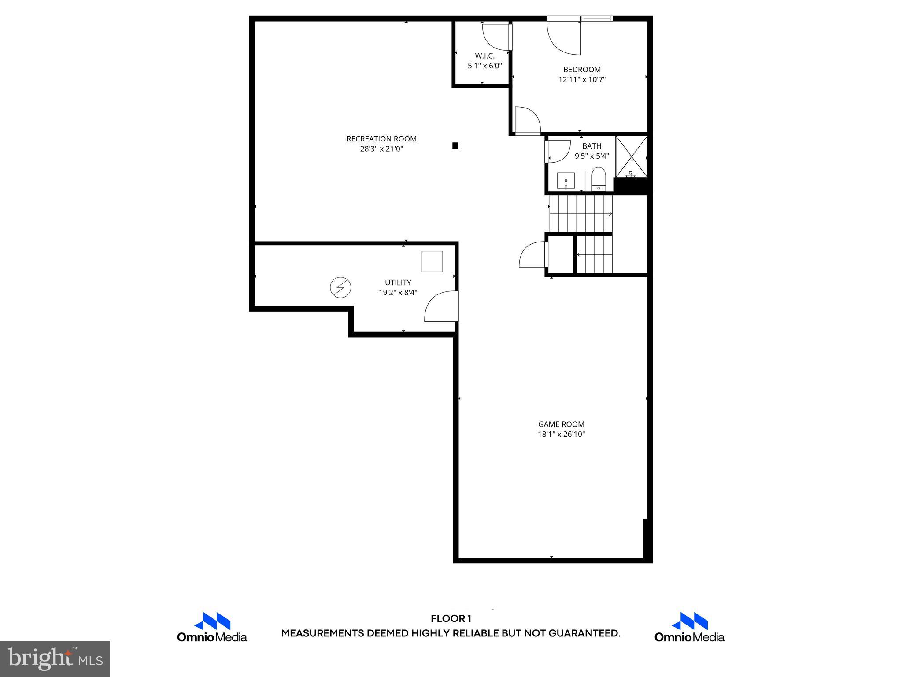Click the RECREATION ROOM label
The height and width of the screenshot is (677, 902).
click(381, 139)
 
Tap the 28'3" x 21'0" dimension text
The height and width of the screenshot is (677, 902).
click(381, 149)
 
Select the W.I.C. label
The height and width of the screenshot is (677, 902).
click(484, 56)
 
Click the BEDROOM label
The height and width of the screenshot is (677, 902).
click(582, 70)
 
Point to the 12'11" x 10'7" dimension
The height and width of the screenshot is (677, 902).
click(582, 80)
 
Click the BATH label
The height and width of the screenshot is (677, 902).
click(591, 146)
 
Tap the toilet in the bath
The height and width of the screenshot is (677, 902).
click(599, 180)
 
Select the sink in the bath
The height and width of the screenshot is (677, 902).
click(566, 181)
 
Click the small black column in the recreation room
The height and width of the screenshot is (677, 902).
click(455, 146)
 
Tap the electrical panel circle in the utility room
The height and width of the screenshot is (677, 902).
click(340, 288)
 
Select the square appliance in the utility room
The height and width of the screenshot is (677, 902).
click(432, 261)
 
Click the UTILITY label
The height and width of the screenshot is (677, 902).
click(398, 283)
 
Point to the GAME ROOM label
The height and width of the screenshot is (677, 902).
click(561, 424)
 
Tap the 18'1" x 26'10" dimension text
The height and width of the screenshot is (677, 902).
click(561, 435)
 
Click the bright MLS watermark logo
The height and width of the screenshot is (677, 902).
click(55, 658)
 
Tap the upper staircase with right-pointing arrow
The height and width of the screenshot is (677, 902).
click(580, 214)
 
